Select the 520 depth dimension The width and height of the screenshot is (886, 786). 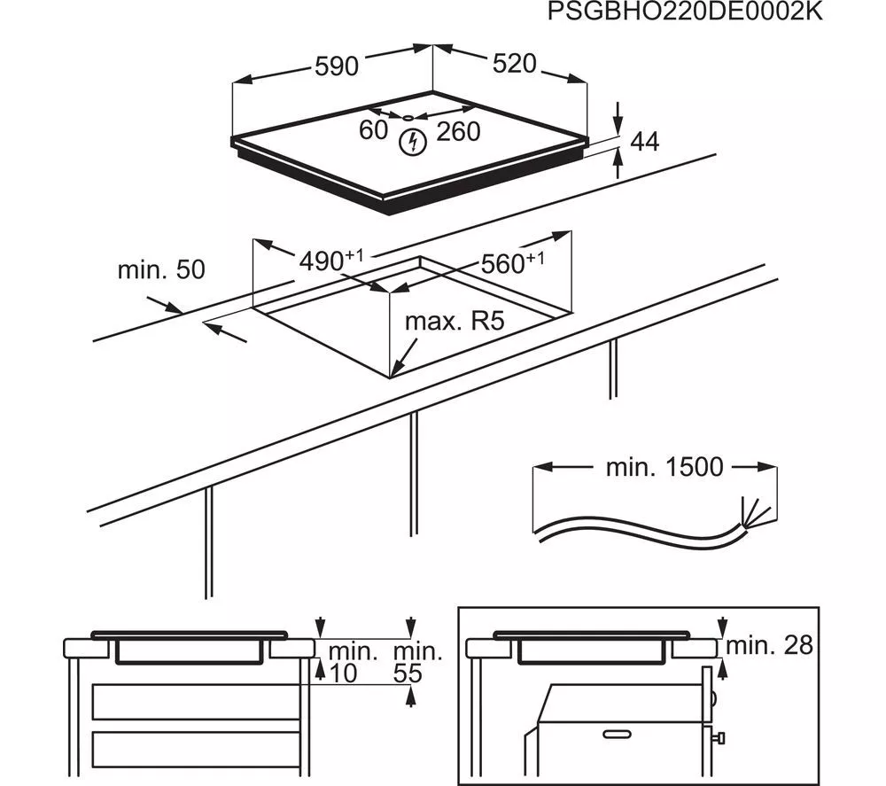513,64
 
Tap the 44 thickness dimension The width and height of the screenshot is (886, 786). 644,141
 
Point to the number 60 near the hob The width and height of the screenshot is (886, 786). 374,130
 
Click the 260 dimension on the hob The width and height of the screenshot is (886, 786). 458,131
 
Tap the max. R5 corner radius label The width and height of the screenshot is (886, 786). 454,321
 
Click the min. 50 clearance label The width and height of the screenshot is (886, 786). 161,269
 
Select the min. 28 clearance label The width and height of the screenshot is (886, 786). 768,645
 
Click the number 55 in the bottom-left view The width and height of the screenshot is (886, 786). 408,674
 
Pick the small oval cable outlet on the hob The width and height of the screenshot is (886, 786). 406,117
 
